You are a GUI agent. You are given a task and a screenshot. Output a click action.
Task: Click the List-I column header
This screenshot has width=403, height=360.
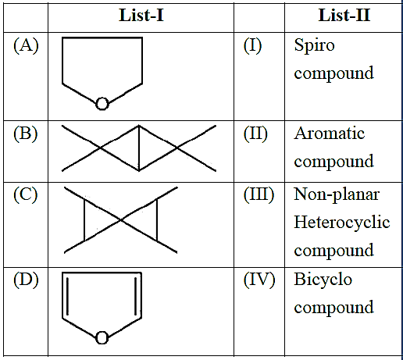[x=141, y=16]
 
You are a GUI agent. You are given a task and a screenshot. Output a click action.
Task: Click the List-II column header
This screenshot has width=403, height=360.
[x=344, y=16]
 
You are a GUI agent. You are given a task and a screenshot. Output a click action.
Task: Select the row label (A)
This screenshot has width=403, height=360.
[x=26, y=45]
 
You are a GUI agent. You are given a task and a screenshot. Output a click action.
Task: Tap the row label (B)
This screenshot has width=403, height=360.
[x=26, y=134]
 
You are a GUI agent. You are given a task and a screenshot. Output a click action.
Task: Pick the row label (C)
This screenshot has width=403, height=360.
[x=26, y=195]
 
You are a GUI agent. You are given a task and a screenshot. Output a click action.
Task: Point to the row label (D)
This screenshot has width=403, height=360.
[x=26, y=280]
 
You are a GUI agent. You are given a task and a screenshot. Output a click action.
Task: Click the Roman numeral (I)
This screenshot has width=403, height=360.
[x=252, y=45]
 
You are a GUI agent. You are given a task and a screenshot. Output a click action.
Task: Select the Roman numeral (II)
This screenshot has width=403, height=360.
[x=255, y=134]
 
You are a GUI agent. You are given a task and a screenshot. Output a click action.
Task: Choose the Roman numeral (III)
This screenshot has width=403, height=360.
[x=259, y=195]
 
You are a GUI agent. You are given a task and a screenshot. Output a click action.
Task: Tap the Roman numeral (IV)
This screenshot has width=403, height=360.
[x=259, y=280]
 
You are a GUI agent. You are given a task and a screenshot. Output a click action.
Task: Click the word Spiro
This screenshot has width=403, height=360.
[x=314, y=46]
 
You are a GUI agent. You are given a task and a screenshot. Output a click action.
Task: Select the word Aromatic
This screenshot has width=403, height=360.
[x=330, y=134]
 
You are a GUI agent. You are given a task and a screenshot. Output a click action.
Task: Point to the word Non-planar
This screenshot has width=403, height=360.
[x=337, y=195]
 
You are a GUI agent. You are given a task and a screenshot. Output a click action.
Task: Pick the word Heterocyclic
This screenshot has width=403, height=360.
[x=342, y=223]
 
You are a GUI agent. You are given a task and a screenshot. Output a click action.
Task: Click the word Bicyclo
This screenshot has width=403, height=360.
[x=323, y=280]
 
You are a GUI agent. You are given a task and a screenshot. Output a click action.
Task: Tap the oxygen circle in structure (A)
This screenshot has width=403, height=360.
[x=102, y=104]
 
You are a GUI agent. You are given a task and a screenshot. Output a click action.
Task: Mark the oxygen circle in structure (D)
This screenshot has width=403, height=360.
[x=102, y=338]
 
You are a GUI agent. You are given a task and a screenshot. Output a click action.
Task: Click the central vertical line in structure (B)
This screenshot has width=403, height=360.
[x=139, y=148]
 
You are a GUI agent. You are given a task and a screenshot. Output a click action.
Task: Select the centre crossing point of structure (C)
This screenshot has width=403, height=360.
[x=121, y=220]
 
